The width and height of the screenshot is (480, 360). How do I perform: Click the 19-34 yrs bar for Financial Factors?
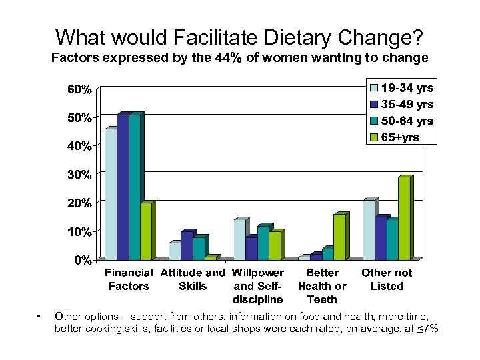point(111,193)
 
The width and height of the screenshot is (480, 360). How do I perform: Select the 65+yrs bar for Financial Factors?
point(146,231)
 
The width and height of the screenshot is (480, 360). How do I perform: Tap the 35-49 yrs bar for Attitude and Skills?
point(186,245)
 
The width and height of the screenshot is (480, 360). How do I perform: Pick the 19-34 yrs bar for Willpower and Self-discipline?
point(239,239)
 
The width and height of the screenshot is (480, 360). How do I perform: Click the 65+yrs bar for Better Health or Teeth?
point(339,237)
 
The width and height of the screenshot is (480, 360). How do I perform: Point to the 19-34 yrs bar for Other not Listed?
point(369,229)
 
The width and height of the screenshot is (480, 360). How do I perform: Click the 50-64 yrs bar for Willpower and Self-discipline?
point(263,243)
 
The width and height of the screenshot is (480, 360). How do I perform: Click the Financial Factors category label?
point(129,279)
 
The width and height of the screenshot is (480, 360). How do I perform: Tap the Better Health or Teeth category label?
point(322,286)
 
